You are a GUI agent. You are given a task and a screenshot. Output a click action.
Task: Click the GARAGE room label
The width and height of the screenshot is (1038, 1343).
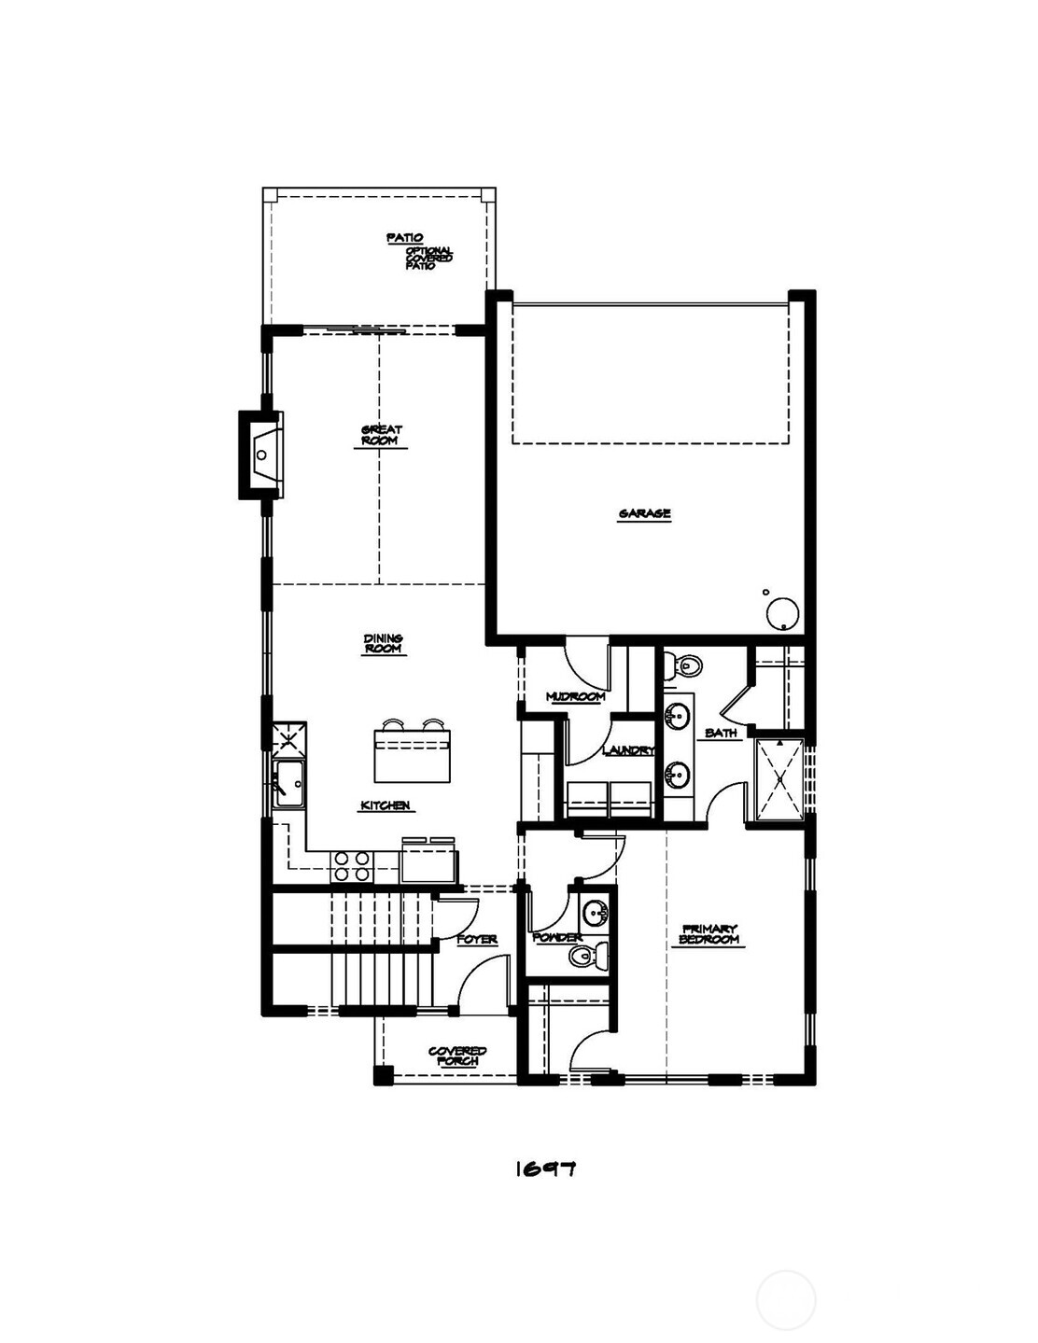644,513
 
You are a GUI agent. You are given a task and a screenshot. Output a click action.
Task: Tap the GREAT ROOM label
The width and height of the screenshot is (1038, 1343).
381,435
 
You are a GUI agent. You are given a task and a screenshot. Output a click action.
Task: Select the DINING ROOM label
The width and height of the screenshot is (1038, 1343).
383,643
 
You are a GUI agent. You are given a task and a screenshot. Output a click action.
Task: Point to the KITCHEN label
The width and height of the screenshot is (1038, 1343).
386,805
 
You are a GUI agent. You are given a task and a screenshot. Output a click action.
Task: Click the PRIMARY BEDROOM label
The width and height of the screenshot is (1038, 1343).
709,933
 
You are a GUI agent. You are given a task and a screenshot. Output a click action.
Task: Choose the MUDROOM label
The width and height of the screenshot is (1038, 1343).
575,696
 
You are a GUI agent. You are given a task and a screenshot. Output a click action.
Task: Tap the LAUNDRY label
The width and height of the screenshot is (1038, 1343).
628,750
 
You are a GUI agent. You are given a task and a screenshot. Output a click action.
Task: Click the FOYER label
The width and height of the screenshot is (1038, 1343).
476,939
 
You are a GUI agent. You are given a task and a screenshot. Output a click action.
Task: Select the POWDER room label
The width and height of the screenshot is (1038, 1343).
557,937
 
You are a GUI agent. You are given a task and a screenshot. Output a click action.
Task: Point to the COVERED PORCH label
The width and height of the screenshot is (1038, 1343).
457,1056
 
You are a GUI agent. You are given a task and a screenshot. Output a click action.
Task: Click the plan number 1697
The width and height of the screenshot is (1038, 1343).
545,1168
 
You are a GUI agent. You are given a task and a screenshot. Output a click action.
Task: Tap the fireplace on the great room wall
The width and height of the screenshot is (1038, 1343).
262,455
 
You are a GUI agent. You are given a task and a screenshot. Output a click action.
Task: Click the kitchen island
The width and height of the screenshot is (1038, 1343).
413,754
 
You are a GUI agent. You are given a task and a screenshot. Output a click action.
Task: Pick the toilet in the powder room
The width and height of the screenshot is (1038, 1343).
585,955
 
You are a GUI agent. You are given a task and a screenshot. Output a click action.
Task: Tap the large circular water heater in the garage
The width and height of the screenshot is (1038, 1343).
782,614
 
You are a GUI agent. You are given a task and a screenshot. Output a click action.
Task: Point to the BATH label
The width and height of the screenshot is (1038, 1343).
721,734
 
